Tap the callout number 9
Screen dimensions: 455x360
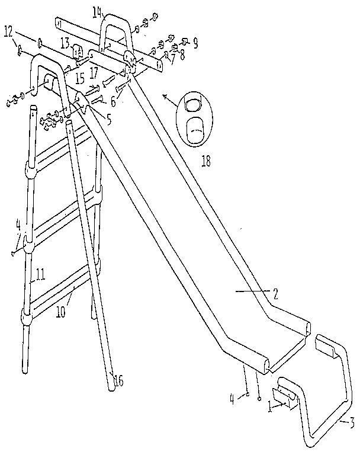point(195,43)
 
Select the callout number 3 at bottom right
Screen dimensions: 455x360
point(351,422)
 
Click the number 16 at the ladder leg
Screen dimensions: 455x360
point(118,382)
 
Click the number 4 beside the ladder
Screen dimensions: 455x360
point(18,225)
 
